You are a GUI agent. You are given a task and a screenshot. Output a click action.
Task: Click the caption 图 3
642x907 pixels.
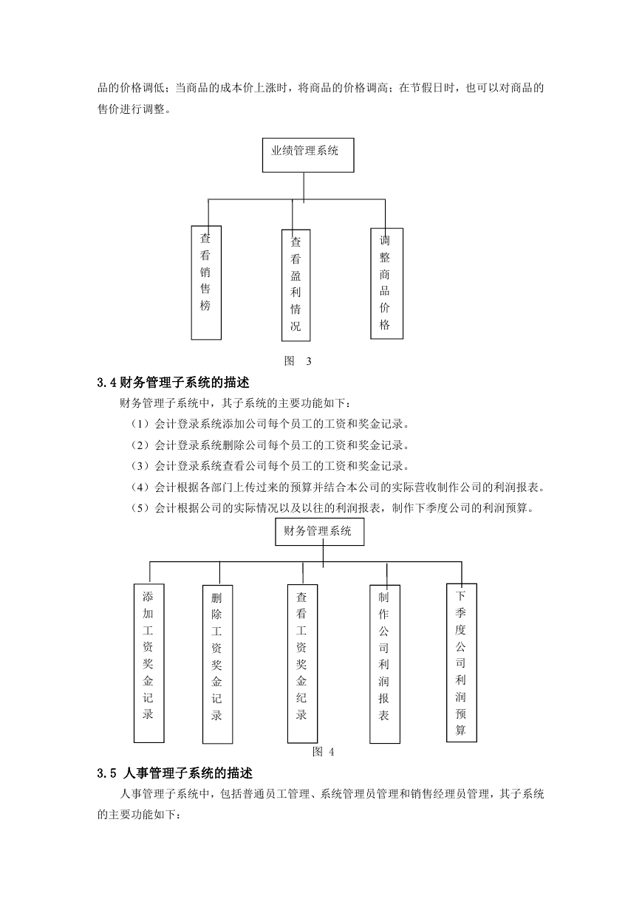(298, 360)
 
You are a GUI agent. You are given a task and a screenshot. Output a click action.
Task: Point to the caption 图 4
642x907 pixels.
(324, 752)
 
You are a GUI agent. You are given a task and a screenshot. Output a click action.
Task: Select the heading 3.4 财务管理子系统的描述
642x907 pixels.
(174, 383)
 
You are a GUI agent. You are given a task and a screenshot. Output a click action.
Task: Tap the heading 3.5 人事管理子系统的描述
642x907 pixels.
(175, 773)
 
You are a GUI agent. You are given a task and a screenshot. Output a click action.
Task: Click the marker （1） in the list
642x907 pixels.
(140, 424)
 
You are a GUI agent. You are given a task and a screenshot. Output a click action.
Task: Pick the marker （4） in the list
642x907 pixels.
(140, 487)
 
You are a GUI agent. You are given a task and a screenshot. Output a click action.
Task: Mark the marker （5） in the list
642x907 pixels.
(140, 507)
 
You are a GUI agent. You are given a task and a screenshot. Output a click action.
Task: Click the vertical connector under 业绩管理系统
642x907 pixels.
(304, 188)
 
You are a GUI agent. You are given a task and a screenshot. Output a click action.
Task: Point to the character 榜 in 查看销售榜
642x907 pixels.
(205, 306)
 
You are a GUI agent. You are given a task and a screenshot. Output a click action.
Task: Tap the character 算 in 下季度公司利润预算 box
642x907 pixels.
(460, 730)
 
